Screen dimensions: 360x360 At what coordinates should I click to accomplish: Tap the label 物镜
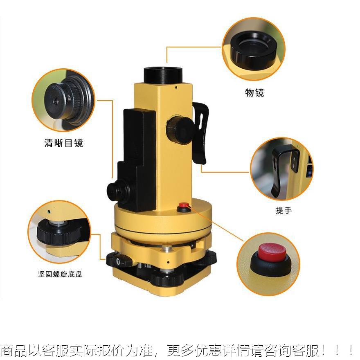click(254, 93)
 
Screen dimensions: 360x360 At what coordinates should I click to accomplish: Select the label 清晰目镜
click(63, 143)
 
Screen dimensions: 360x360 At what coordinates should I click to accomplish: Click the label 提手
click(283, 211)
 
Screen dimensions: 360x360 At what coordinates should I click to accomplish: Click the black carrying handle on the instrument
click(201, 131)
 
